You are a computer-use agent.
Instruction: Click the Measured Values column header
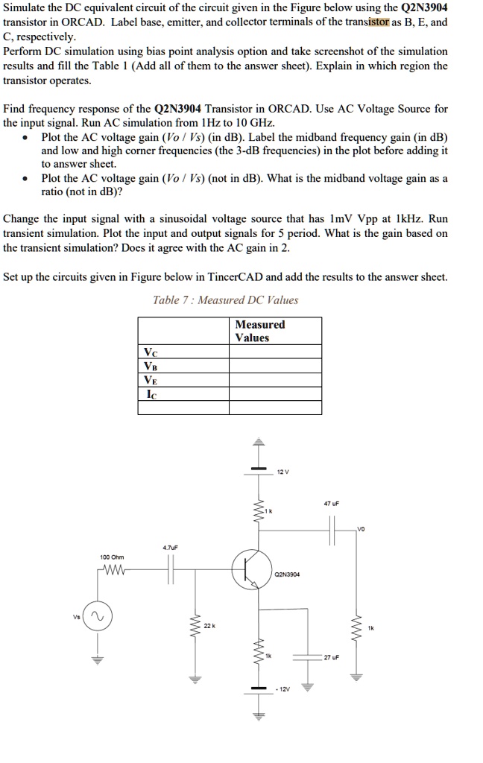click(259, 331)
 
